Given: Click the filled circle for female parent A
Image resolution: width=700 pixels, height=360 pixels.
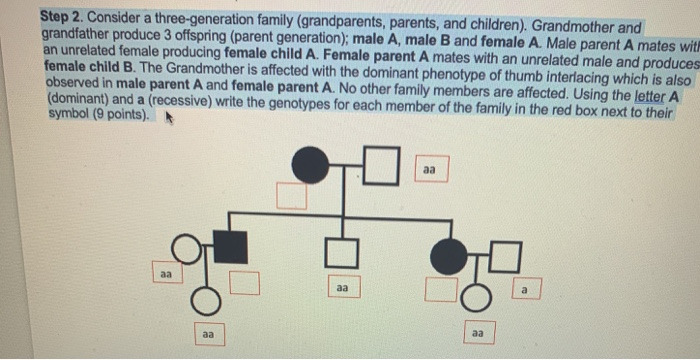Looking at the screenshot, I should (x=448, y=256).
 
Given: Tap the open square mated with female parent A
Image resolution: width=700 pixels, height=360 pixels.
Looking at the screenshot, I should (x=505, y=258).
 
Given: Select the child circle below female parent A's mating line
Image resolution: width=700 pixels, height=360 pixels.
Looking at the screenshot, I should (x=477, y=297).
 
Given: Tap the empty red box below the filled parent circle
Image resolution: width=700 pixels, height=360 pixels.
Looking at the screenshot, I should (x=439, y=290).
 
